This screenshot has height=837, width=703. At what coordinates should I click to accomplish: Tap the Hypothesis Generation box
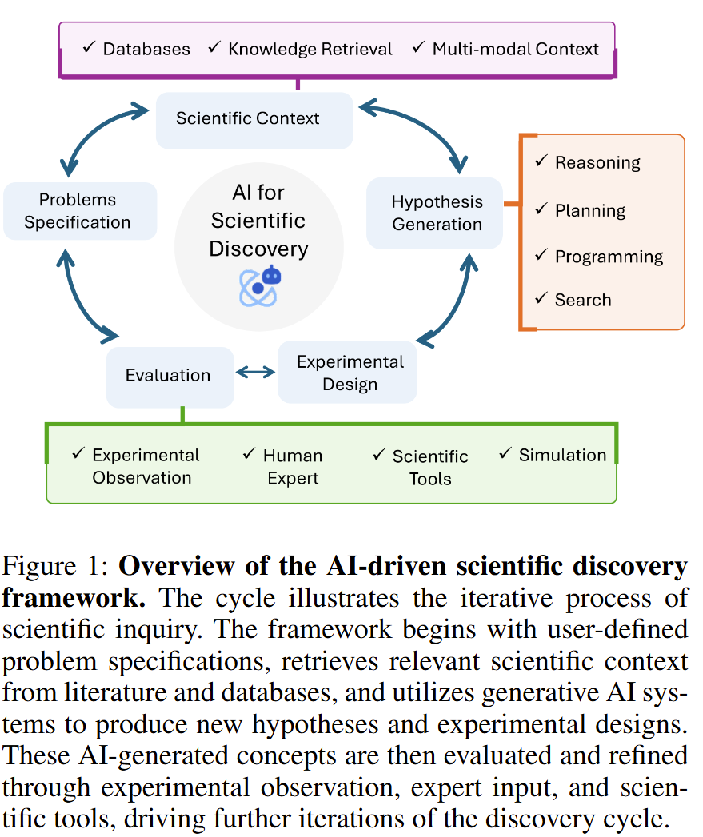point(436,213)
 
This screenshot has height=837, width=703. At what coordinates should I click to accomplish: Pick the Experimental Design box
point(349,373)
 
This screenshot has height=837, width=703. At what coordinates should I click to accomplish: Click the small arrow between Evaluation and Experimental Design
point(255,373)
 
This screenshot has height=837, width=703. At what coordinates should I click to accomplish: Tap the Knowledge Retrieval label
point(310,49)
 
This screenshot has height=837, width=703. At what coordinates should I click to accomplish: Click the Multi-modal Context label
point(515,49)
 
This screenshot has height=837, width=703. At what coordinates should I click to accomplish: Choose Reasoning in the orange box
point(597,162)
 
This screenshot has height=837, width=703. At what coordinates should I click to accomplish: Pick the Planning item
point(590,210)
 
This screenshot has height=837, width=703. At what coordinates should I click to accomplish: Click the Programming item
point(609,257)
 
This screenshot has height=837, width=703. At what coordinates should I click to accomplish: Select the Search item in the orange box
point(582,300)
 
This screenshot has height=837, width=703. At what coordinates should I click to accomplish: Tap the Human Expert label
point(293,467)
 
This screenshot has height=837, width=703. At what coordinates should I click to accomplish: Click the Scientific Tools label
point(430,468)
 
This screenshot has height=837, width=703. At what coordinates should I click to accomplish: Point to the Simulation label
point(562,455)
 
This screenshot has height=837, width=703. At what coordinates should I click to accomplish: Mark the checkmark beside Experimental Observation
point(78,453)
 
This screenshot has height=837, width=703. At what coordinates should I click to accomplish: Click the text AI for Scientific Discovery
point(258,221)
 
